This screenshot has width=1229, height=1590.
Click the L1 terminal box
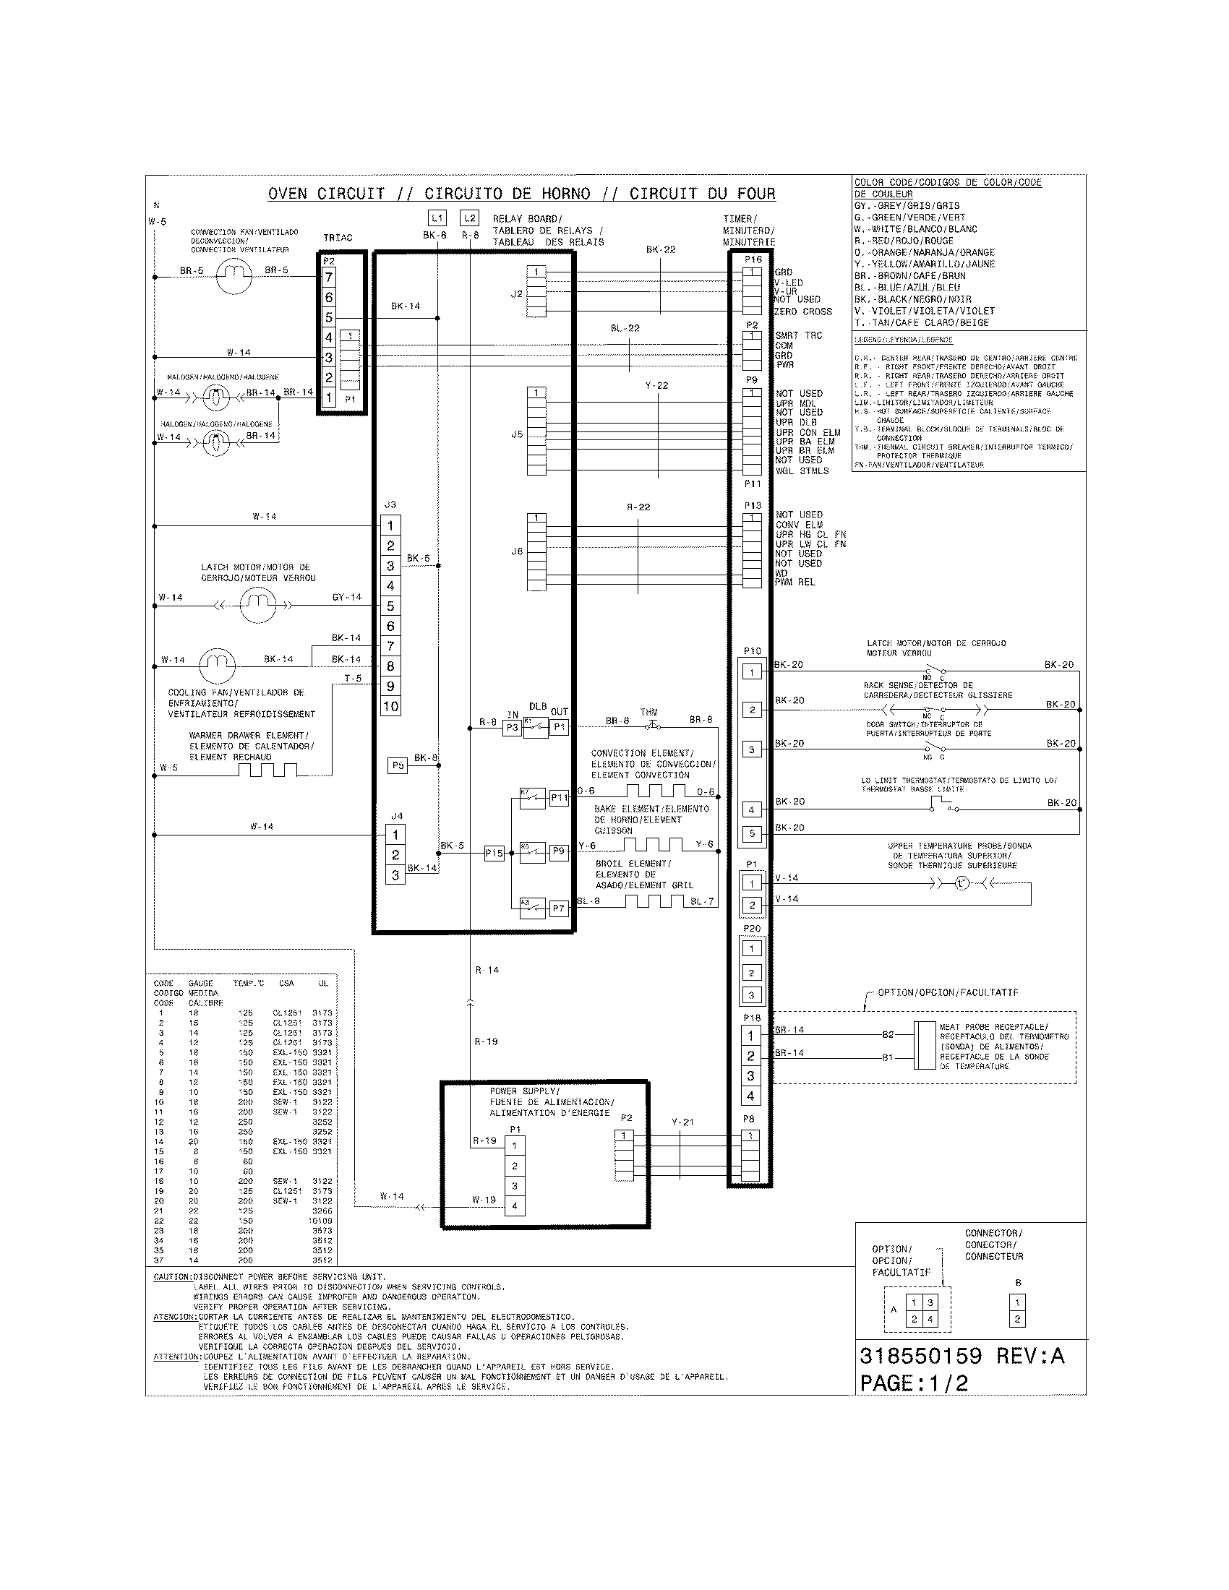437,218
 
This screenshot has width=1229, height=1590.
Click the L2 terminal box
470,218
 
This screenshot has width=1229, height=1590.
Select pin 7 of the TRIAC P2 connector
329,278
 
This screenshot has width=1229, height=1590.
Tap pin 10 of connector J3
391,706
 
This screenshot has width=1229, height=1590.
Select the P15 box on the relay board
494,854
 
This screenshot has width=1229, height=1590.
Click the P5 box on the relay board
398,765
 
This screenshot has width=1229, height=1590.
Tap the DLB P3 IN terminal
513,727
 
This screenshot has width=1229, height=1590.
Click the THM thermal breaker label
648,712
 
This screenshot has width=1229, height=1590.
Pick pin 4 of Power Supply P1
515,1206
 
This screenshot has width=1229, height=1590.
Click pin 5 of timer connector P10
752,833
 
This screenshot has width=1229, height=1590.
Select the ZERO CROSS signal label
802,311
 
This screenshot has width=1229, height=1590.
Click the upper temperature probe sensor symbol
961,884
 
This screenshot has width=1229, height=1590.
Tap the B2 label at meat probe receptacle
888,1033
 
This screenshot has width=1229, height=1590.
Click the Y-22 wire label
656,385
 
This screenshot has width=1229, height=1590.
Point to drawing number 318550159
920,1356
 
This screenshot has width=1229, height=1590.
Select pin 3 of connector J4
395,875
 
